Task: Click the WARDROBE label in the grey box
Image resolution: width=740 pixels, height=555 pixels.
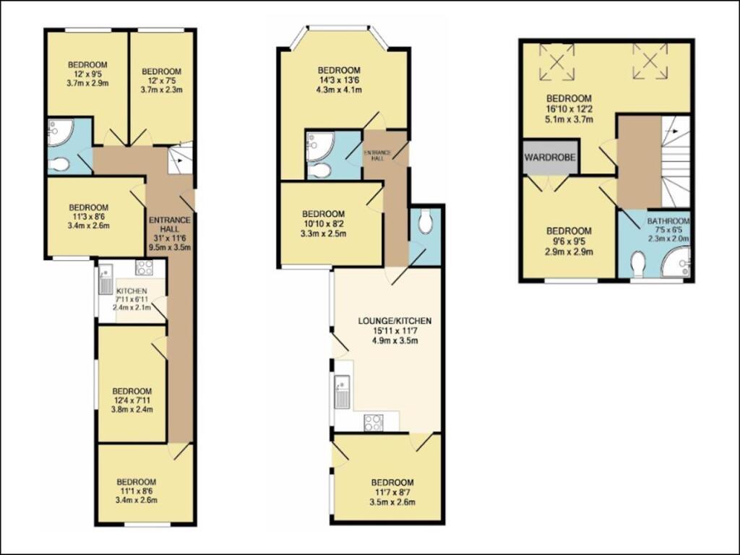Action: point(550,155)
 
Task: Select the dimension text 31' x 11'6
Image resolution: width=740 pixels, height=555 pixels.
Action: point(169,238)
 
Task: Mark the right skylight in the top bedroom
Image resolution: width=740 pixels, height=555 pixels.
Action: point(649,61)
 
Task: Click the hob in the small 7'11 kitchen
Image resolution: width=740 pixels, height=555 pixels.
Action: point(144,268)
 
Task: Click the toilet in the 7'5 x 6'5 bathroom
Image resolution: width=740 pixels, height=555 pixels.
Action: point(637,264)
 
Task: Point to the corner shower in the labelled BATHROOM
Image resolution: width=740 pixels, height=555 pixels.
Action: point(677,262)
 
